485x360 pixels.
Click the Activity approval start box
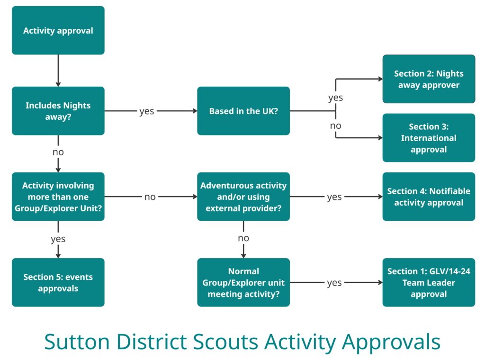coord(58,31)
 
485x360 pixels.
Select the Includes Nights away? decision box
coord(58,111)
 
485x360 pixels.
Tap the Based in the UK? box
coord(243,111)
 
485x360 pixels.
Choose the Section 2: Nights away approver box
coord(429,79)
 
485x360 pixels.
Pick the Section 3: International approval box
coord(429,138)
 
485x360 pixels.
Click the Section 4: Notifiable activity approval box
coord(429,197)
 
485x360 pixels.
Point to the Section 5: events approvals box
coord(58,282)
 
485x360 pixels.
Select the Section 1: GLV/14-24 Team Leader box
coord(429,282)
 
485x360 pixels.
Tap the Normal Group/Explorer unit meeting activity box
coord(243,282)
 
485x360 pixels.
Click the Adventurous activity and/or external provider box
coord(243,197)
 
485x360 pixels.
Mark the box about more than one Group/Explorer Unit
coord(58,197)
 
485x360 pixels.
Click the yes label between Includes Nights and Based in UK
coord(146,112)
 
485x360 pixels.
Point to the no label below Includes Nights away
coord(58,152)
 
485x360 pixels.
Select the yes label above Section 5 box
coord(58,239)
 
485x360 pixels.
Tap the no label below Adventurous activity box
coord(243,238)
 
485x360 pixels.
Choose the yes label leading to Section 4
coord(334,197)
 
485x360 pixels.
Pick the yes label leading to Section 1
coord(334,283)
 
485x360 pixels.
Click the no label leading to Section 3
coord(335,126)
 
